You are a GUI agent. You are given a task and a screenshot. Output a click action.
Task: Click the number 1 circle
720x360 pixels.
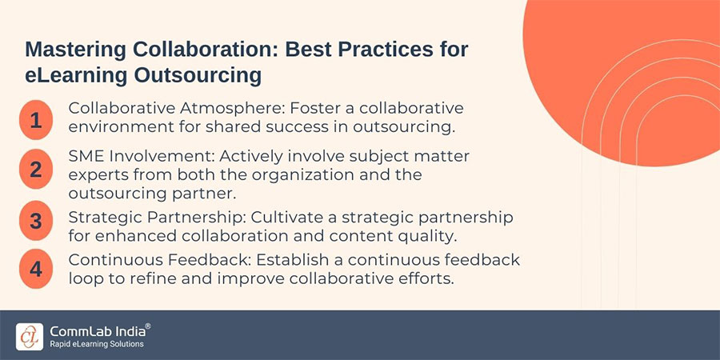(35, 121)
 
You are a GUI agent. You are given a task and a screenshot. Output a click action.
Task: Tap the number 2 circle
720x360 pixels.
(35, 170)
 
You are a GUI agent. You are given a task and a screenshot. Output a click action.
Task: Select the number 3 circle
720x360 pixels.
(35, 221)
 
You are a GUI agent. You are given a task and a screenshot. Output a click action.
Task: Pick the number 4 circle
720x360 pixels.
(35, 269)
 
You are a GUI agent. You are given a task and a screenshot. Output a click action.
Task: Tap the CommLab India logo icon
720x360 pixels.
(28, 336)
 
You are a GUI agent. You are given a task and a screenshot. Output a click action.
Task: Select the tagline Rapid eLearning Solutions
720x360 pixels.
(98, 344)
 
